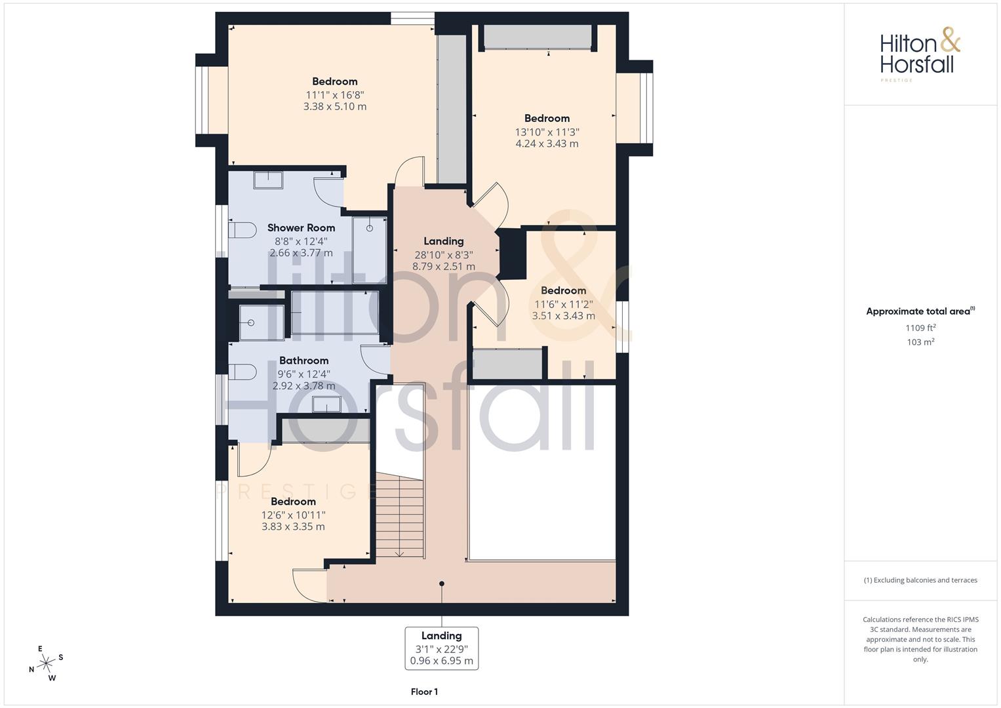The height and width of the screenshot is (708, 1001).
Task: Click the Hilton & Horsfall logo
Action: pos(920,52)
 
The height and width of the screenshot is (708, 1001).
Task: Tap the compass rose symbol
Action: pos(46,663)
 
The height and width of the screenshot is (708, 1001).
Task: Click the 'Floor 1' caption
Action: pos(424,692)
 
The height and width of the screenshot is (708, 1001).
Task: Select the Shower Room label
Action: pos(301,228)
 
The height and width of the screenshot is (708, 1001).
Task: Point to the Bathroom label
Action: pos(304,361)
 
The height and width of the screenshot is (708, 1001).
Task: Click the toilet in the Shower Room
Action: pos(242,230)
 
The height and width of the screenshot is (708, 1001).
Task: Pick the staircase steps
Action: pos(399,517)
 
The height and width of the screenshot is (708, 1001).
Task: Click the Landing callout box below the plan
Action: pos(441,648)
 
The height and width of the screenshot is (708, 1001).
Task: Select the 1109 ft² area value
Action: pos(920,328)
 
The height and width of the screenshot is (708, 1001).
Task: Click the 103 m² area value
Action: pos(920,342)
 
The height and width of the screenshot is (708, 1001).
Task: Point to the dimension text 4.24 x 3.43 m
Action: pos(547,144)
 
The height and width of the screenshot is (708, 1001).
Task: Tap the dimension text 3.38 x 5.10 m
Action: pos(334,106)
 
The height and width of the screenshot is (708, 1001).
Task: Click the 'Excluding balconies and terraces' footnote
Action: pos(920,580)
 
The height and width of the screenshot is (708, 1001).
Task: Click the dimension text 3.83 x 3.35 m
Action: pos(293,526)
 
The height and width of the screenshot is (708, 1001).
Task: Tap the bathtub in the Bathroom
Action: pos(334,313)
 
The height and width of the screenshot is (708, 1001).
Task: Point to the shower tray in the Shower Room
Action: pos(369,249)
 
